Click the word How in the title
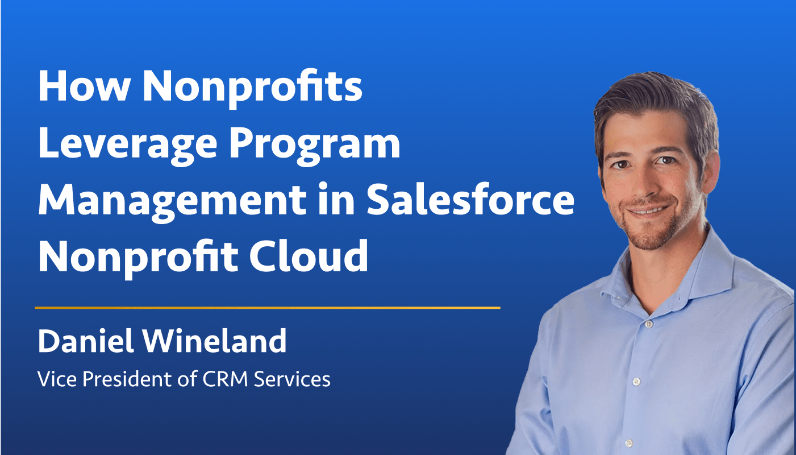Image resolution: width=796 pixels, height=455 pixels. click(x=84, y=86)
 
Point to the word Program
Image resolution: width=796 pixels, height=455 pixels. click(x=315, y=146)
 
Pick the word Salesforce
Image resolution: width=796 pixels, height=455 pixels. click(x=470, y=199)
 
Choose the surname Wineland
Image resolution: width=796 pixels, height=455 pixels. click(x=215, y=341)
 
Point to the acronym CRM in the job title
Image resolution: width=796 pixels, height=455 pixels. click(x=225, y=379)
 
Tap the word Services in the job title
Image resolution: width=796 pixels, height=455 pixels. click(x=292, y=379)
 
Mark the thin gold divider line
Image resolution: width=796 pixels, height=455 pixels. click(x=268, y=308)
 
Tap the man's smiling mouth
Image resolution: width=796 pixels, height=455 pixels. click(x=648, y=210)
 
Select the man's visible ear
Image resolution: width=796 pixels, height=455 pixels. click(x=710, y=171)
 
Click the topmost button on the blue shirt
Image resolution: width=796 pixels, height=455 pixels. click(x=648, y=324)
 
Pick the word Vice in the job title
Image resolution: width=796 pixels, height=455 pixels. click(x=57, y=379)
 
